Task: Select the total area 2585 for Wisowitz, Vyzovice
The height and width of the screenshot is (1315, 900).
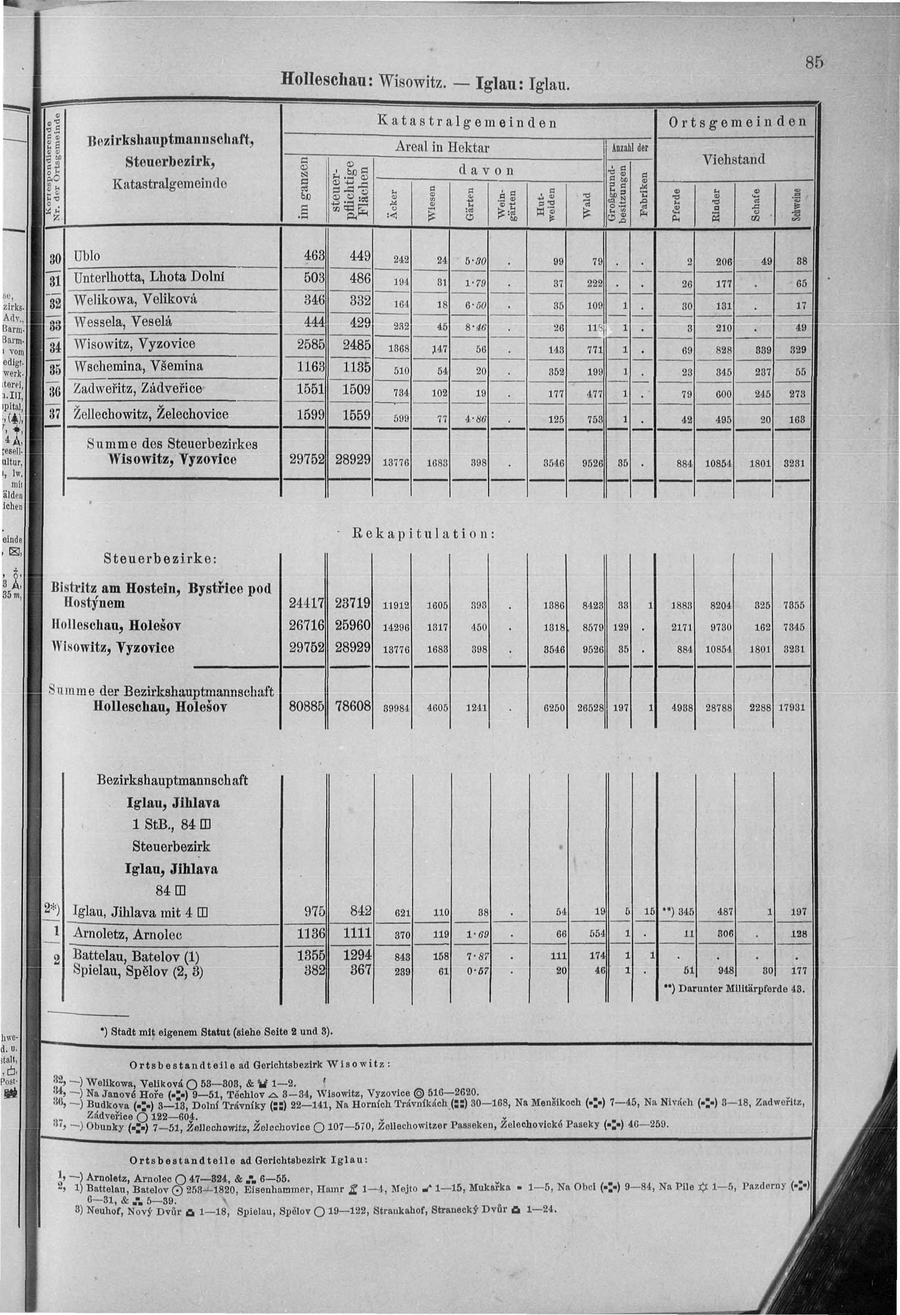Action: [311, 344]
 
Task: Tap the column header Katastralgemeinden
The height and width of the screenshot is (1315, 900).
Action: [467, 122]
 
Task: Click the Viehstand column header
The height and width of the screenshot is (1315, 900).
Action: [733, 160]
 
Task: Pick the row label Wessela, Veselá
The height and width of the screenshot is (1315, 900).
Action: [123, 322]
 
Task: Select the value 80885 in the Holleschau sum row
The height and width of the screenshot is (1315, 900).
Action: [306, 706]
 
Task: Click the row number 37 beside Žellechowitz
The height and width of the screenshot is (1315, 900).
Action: [55, 414]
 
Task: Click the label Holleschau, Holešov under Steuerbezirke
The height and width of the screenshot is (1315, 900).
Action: [116, 626]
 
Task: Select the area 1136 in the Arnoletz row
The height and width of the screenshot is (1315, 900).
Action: [311, 934]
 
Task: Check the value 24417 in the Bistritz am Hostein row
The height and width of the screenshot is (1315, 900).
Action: [306, 604]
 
